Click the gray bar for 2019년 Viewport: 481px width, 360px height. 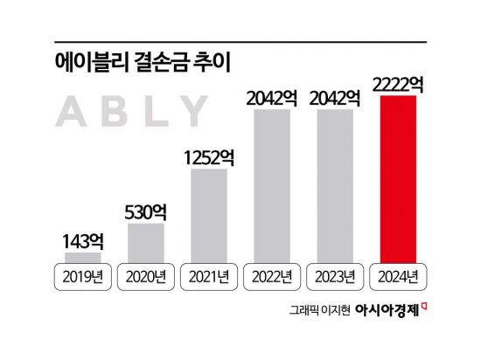83,258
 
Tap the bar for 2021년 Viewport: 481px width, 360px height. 209,215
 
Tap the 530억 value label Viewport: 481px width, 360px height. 146,211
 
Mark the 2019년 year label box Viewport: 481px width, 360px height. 83,278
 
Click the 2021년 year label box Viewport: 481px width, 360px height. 209,278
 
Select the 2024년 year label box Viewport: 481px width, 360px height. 398,278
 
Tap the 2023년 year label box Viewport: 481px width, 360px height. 335,278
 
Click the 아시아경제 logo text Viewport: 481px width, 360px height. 372,310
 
